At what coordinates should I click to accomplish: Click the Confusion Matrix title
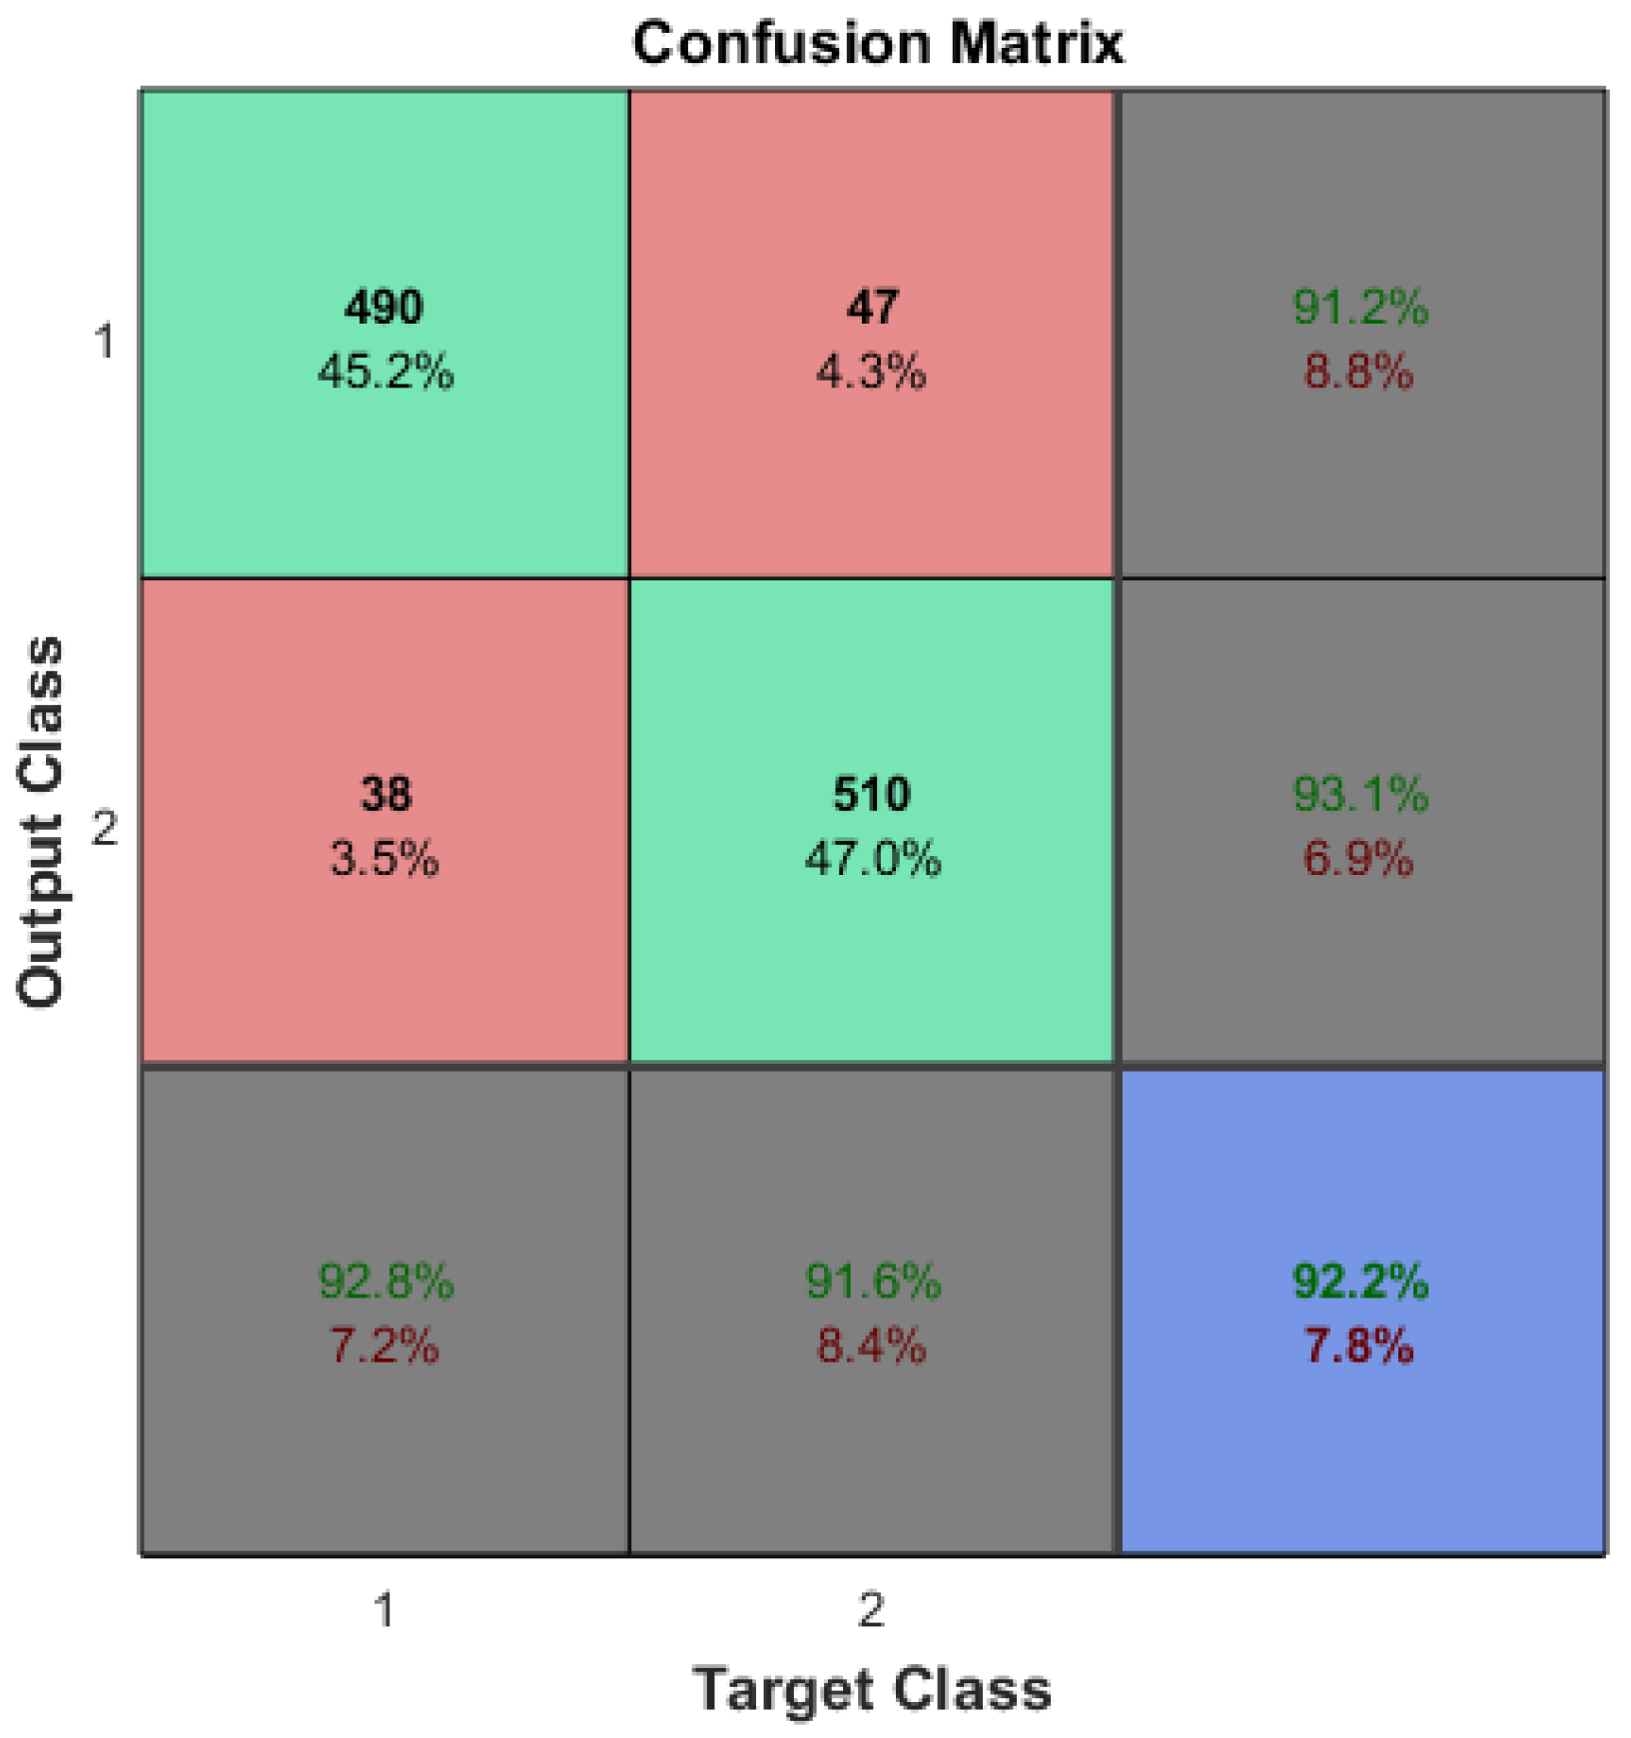point(878,44)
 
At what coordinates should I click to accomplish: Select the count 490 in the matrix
point(385,307)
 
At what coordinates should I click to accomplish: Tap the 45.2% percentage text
point(386,373)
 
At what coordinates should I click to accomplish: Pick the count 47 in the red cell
point(872,307)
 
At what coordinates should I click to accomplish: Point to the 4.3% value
point(871,373)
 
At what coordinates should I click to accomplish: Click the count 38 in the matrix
point(386,794)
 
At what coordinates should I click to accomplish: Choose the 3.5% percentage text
point(385,859)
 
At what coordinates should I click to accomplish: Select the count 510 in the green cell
point(872,794)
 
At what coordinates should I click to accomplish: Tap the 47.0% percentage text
point(873,859)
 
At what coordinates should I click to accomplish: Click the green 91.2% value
point(1360,307)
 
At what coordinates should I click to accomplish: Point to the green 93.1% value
point(1360,794)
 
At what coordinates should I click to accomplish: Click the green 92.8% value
point(386,1282)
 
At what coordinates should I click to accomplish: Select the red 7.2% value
point(385,1346)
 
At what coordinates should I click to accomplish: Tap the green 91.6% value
point(873,1282)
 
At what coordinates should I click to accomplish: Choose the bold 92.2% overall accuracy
point(1360,1282)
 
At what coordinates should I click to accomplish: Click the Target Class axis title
point(872,1689)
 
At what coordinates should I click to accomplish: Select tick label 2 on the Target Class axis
point(872,1610)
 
